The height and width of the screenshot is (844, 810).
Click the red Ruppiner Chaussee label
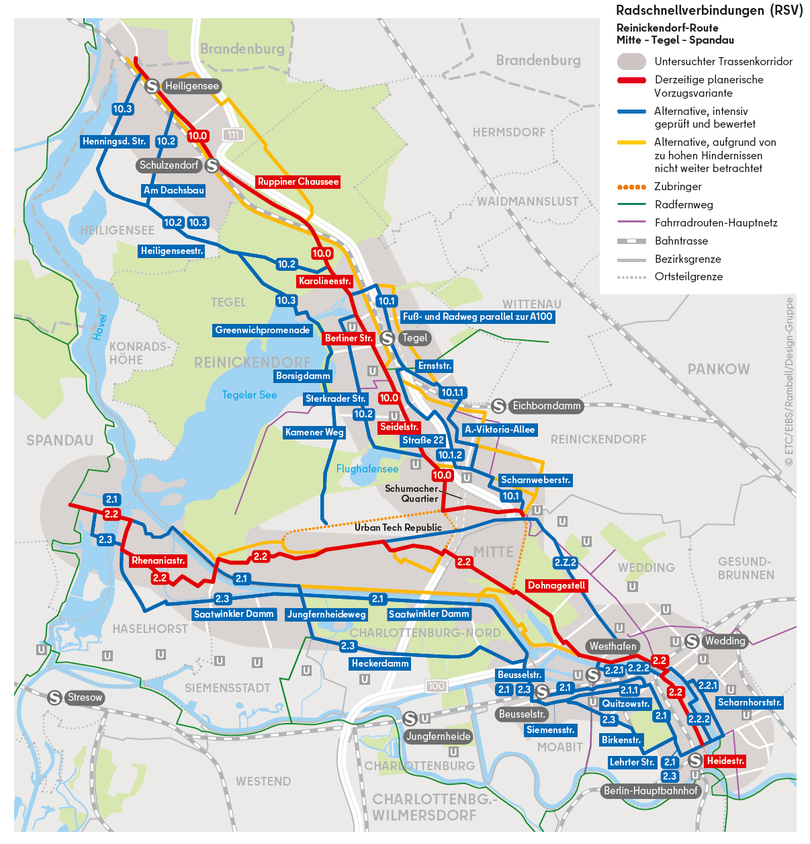pos(297,182)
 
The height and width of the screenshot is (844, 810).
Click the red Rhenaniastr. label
pos(158,561)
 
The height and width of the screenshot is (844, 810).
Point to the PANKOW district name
pos(718,370)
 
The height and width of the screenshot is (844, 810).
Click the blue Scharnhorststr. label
pos(749,702)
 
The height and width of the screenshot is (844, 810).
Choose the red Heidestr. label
pos(725,761)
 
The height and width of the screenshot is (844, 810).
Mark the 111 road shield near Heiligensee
pos(232,134)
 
